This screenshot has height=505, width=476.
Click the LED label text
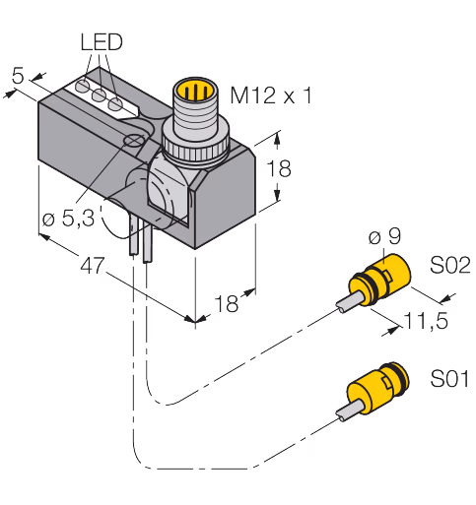click(102, 41)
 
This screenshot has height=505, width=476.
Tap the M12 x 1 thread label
click(271, 95)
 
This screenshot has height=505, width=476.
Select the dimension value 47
click(93, 265)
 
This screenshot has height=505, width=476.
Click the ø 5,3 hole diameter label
click(69, 218)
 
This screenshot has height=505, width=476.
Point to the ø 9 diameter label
click(384, 236)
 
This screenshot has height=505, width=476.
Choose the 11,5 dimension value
click(426, 320)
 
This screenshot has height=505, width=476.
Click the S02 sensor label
click(450, 265)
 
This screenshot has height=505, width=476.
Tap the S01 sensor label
click(449, 378)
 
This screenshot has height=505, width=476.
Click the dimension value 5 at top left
click(18, 76)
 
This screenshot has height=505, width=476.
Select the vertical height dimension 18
click(279, 168)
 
